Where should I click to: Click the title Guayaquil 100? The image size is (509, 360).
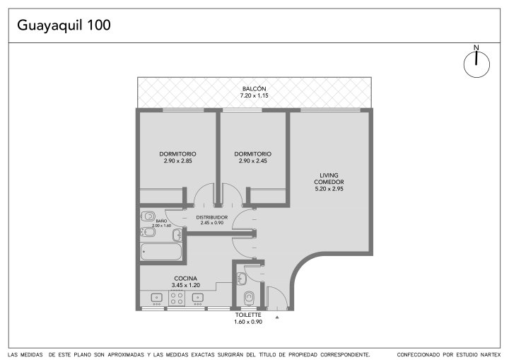point(64,25)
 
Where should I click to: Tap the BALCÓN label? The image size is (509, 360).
point(255,88)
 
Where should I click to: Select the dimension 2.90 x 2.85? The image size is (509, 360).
point(177,161)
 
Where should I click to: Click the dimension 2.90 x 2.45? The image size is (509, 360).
point(253,161)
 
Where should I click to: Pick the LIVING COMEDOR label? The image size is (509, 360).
point(329,179)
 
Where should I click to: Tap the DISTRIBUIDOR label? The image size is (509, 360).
point(212,217)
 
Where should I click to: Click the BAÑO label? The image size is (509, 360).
point(161,221)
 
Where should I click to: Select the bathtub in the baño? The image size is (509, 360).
point(161,252)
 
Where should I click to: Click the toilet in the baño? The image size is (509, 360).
point(148,216)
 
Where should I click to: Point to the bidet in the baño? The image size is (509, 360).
point(148,232)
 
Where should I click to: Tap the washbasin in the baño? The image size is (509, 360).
point(177,235)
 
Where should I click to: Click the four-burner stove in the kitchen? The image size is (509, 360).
point(177,298)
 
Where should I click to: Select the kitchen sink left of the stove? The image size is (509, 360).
point(157,298)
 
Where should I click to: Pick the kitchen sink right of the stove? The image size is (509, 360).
point(198,298)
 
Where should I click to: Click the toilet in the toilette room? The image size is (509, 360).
point(249,298)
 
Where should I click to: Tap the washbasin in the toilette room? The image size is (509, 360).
point(242,279)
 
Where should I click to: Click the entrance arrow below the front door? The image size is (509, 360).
point(277,317)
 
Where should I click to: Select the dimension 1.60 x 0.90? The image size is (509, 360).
point(248,322)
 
